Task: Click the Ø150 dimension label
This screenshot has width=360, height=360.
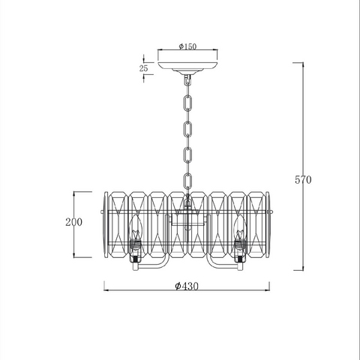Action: click(x=187, y=46)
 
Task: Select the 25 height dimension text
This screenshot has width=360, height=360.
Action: click(x=144, y=68)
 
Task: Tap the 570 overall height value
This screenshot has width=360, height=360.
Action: click(x=303, y=180)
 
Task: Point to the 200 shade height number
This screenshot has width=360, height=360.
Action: click(x=73, y=222)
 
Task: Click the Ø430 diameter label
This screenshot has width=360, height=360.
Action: click(x=187, y=286)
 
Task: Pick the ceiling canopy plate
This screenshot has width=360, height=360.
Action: click(x=187, y=66)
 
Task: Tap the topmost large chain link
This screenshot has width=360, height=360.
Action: click(x=187, y=103)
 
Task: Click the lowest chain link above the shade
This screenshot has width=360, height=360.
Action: click(x=187, y=181)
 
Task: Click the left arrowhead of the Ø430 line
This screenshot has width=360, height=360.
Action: click(x=106, y=290)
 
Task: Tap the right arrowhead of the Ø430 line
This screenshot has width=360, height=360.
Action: click(x=267, y=290)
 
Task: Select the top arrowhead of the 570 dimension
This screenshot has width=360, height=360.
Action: click(x=303, y=65)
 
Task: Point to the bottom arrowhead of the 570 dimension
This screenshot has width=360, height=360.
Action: click(x=303, y=268)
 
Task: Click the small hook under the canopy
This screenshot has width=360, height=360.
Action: click(x=187, y=80)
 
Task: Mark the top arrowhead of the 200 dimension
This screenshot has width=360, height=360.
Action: click(x=74, y=194)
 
